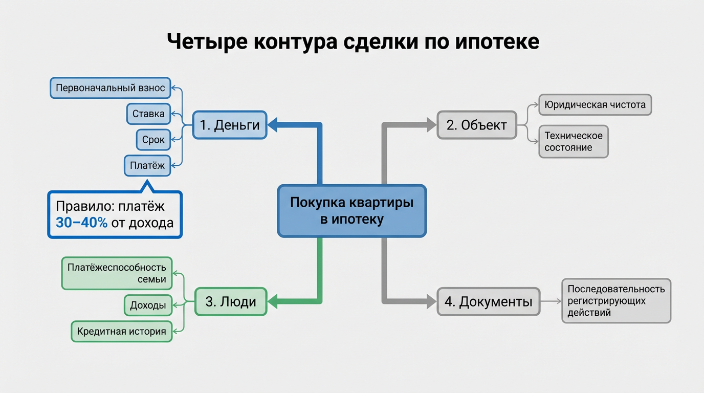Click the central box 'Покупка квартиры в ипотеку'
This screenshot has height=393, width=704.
(x=351, y=211)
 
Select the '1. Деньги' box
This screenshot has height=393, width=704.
(x=230, y=125)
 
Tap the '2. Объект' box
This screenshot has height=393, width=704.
(x=476, y=125)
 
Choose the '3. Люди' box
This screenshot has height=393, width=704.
(x=231, y=301)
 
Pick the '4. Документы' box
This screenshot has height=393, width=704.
(x=488, y=301)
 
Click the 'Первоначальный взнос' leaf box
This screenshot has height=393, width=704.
(x=111, y=88)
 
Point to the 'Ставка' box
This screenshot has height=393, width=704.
(x=148, y=114)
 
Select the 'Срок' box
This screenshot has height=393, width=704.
(x=153, y=140)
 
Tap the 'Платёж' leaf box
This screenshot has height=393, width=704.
(x=147, y=166)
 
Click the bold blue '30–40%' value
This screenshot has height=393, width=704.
(x=81, y=223)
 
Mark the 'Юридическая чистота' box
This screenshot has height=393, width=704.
(x=595, y=105)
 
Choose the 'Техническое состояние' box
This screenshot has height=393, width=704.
(x=573, y=142)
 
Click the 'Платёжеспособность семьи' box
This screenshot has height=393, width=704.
(x=117, y=273)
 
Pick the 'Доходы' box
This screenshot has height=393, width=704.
(x=148, y=305)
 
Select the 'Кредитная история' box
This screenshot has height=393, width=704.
(x=122, y=332)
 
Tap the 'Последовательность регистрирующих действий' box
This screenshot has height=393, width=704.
(x=616, y=301)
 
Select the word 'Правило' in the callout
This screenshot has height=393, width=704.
(x=83, y=206)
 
